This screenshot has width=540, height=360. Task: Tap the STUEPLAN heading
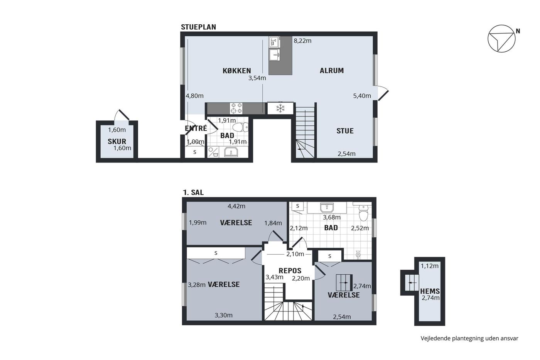[x=198, y=27]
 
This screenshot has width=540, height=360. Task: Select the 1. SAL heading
[x=193, y=193]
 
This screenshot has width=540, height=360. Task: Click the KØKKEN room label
[x=237, y=71]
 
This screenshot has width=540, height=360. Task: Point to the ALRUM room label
[x=332, y=71]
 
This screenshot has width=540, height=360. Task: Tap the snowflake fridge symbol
[x=280, y=108]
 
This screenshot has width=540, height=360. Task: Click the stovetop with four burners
[x=236, y=108]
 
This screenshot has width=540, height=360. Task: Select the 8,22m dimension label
[x=302, y=41]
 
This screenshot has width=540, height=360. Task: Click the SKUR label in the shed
[x=117, y=141]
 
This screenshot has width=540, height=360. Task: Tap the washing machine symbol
[x=213, y=152]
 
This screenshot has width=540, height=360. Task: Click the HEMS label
[x=430, y=291]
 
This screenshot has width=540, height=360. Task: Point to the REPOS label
[x=290, y=270]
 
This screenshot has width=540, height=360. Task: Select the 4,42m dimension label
[x=236, y=206]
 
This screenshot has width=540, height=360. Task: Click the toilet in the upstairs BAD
[x=363, y=213]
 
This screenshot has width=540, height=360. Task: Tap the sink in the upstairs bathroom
[x=327, y=207]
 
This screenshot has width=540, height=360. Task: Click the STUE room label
[x=345, y=131]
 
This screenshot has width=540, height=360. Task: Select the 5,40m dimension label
[x=362, y=96]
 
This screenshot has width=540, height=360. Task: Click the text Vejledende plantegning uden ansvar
[x=469, y=338]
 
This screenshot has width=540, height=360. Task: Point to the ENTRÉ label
[x=196, y=128]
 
